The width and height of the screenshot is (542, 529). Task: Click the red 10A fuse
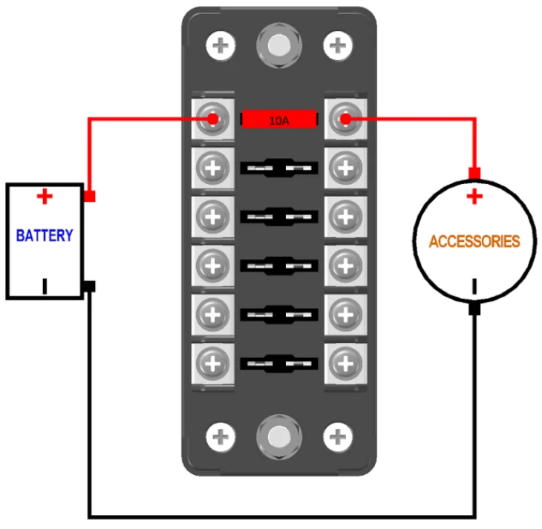tap(279, 119)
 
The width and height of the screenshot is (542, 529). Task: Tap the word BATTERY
tap(45, 236)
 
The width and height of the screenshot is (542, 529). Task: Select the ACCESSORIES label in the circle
tap(474, 241)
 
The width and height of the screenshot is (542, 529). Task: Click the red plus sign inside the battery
tap(45, 196)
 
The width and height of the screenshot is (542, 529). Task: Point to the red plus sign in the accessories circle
tap(474, 197)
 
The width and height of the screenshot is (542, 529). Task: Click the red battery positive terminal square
tap(90, 197)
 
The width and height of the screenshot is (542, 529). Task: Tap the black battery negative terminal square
tap(90, 286)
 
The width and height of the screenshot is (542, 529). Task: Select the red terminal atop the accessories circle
tap(474, 174)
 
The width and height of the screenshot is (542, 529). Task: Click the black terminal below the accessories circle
tap(474, 309)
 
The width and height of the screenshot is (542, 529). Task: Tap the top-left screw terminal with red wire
tap(214, 119)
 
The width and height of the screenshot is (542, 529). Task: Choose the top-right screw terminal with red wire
tap(344, 119)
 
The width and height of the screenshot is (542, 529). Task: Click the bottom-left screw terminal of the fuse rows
tap(214, 364)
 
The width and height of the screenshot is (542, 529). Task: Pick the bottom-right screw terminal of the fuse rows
tap(344, 364)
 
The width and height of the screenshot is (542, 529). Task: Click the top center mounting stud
tap(278, 45)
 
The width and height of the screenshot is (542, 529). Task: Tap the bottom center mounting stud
tap(278, 436)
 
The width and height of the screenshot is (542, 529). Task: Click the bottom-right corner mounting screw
tap(338, 436)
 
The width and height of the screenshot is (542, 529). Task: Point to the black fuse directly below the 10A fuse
tap(279, 168)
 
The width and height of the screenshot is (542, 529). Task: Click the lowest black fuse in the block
tap(279, 364)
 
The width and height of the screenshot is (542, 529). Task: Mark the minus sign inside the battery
tap(45, 286)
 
